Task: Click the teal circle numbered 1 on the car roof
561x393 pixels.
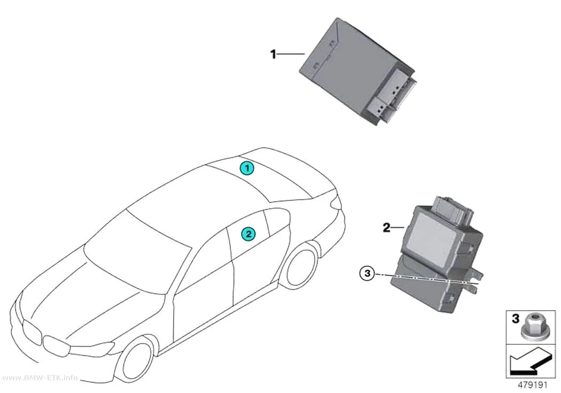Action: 247,168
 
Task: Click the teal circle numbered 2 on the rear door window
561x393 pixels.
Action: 248,234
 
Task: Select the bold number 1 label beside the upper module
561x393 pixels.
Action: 274,55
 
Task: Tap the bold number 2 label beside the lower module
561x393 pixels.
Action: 386,227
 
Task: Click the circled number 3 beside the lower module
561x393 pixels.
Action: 367,274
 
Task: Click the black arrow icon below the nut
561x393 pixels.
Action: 528,362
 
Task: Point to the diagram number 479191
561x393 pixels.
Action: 533,385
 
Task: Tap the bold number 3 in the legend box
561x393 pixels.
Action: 515,319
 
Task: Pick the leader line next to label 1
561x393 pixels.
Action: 291,54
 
